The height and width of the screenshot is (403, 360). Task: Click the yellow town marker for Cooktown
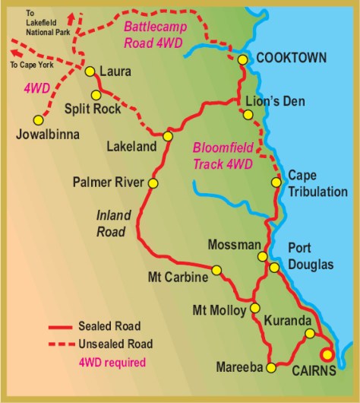tap(242, 59)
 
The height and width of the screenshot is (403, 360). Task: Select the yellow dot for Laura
tap(90, 71)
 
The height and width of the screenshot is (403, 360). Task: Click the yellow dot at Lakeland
tap(168, 136)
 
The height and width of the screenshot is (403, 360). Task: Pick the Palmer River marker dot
tap(153, 183)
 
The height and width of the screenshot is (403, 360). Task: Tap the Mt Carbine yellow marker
tap(216, 270)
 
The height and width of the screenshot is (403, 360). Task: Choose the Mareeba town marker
tap(270, 368)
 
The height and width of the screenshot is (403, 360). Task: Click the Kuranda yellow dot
tap(309, 333)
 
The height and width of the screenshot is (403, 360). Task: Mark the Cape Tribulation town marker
tap(276, 182)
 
